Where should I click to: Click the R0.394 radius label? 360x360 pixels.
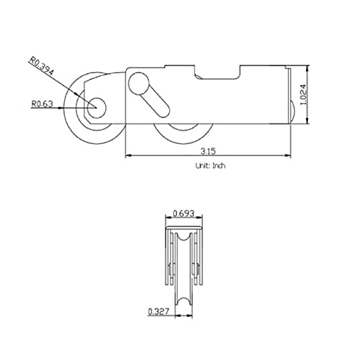(x=42, y=66)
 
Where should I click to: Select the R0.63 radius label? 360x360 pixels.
(x=42, y=104)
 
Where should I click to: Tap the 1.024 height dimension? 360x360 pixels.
(x=303, y=94)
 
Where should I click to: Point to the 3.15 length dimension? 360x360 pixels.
(x=208, y=151)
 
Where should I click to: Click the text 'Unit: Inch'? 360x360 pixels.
(x=210, y=166)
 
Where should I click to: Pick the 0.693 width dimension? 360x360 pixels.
(x=184, y=213)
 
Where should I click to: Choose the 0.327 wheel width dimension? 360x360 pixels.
(x=158, y=312)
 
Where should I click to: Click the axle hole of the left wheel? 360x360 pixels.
(x=96, y=108)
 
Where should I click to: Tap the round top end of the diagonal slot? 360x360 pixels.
(x=139, y=84)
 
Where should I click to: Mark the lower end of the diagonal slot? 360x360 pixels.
(x=163, y=111)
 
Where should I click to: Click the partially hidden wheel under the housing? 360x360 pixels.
(x=184, y=133)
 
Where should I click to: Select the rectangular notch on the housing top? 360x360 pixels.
(x=217, y=71)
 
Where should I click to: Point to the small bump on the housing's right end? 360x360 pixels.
(x=293, y=111)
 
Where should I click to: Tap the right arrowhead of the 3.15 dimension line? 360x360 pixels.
(x=287, y=156)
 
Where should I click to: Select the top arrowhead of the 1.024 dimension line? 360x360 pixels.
(x=308, y=68)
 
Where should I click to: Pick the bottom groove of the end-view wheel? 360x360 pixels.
(x=184, y=302)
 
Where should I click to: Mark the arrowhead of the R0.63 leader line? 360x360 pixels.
(x=60, y=108)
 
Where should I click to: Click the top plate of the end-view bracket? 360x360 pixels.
(x=184, y=228)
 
